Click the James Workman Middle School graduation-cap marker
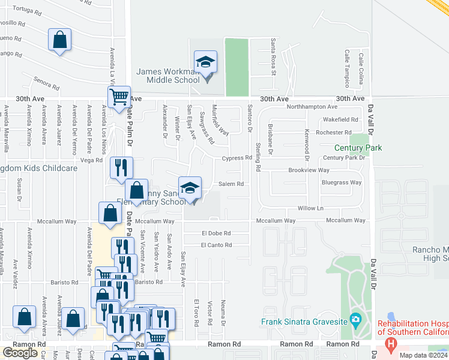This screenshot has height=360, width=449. click(205, 62)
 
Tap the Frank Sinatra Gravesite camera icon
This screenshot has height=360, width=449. click(355, 318)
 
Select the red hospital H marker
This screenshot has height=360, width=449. click(391, 344)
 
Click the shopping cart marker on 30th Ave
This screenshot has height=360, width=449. click(119, 95)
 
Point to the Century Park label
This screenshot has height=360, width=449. click(358, 148)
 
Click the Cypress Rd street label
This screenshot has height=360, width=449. click(237, 158)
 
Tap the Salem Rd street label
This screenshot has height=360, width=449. click(231, 184)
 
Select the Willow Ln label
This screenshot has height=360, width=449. click(311, 208)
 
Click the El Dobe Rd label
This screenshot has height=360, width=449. click(217, 233)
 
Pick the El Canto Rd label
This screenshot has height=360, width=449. click(216, 245)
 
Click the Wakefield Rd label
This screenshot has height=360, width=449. click(341, 120)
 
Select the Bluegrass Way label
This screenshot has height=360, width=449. click(342, 182)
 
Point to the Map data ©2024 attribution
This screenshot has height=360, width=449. click(423, 355)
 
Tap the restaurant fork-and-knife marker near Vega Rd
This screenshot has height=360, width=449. click(121, 167)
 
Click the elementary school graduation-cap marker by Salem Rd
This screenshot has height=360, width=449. click(190, 188)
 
